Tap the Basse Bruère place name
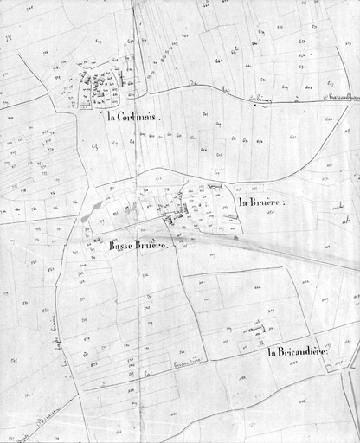142,245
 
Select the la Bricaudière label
298,352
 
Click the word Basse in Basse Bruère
123,245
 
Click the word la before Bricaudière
272,352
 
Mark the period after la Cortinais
161,118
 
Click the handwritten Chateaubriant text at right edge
339,97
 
